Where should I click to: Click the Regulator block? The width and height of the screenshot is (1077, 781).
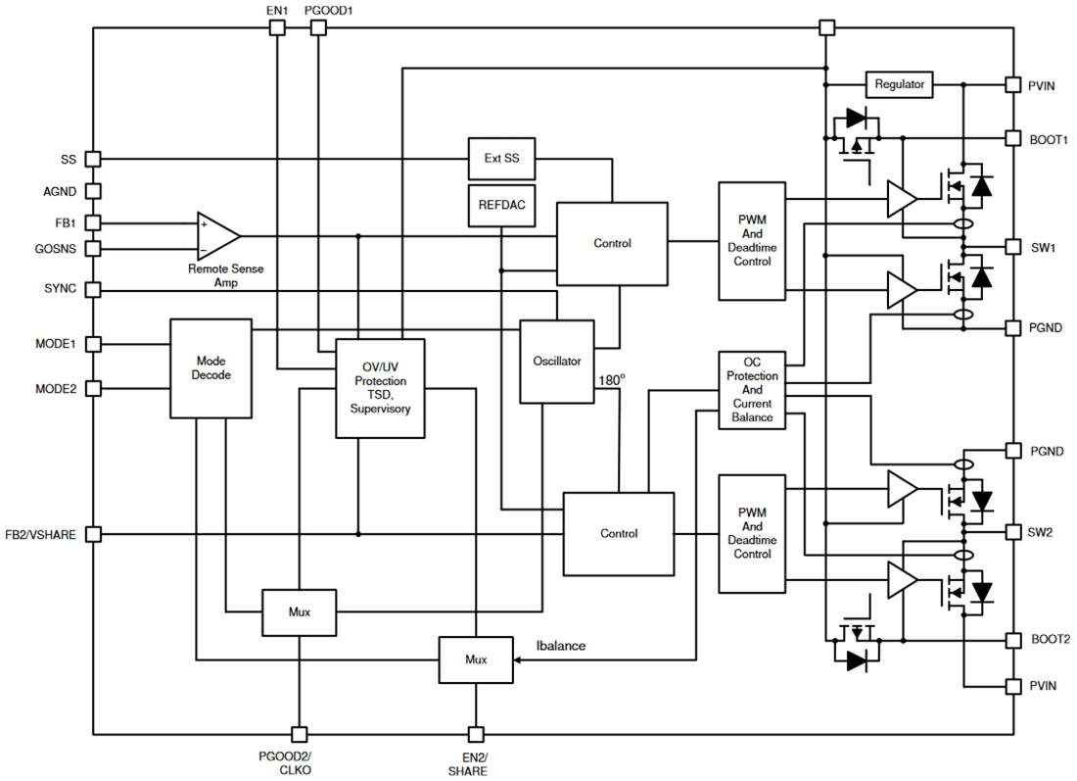899,84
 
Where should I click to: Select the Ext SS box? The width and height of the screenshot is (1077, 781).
501,158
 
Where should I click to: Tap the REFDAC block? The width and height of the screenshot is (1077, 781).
501,206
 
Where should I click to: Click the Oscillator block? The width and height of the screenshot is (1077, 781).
556,361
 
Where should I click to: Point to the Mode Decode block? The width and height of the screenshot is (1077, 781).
211,367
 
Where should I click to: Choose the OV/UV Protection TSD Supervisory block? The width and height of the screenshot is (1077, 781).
380,388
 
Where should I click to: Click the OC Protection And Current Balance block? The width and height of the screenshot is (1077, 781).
752,389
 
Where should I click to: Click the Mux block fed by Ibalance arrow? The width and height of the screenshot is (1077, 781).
475,659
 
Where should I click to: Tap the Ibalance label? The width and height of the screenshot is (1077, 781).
561,645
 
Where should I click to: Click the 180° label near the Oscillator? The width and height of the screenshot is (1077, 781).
611,379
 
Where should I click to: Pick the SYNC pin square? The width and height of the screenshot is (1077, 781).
93,290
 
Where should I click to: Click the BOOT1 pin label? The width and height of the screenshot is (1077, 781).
1048,140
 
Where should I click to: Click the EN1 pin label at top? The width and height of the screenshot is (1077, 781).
277,10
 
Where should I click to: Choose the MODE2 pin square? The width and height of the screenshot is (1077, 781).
93,388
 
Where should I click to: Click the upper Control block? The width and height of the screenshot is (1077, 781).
612,243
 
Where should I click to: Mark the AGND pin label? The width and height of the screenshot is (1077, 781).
60,192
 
